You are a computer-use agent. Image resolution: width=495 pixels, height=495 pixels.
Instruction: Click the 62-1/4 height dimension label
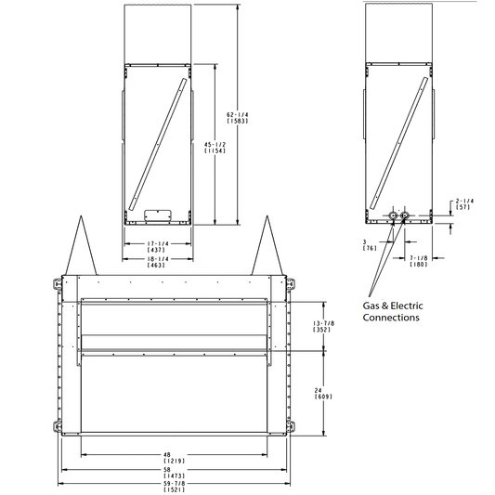pos(238,118)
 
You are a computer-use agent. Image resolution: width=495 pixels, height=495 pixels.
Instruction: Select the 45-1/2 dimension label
pos(215,148)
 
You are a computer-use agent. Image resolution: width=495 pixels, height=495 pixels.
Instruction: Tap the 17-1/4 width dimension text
pos(158,246)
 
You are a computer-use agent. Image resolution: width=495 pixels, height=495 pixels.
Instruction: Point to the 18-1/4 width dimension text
pos(158,262)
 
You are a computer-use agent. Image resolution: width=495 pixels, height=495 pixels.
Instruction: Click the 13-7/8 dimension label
pos(323,326)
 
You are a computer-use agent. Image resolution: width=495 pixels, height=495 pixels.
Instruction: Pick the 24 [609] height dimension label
pos(323,394)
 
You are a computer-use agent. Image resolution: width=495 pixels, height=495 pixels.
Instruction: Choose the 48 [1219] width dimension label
pos(174,458)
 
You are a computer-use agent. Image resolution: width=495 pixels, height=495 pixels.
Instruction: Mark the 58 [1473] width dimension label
pos(174,473)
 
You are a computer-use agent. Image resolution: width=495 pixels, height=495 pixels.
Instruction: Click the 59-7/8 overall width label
pos(174,487)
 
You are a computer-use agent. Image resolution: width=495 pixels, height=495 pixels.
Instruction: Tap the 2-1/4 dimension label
pos(464,204)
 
